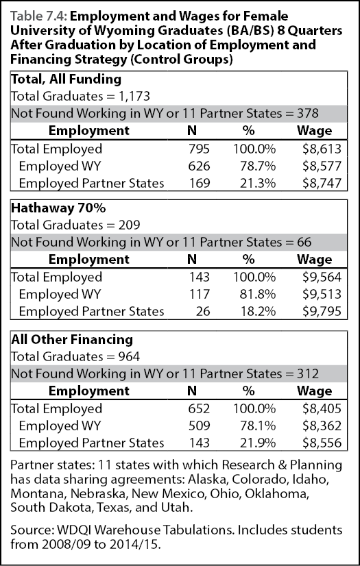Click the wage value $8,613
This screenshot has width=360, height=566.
pyautogui.click(x=322, y=149)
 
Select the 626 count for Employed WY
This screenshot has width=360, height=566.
pyautogui.click(x=199, y=166)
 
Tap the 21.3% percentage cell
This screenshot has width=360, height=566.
pyautogui.click(x=259, y=184)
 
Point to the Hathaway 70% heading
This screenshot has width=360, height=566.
pyautogui.click(x=58, y=208)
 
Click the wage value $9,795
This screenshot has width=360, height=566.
pyautogui.click(x=322, y=311)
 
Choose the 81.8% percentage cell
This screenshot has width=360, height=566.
pyautogui.click(x=259, y=294)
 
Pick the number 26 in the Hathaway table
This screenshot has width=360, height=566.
pyautogui.click(x=202, y=311)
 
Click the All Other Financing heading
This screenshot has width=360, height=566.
pyautogui.click(x=72, y=340)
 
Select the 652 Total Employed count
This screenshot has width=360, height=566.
pyautogui.click(x=199, y=408)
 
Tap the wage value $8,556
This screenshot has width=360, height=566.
pyautogui.click(x=322, y=443)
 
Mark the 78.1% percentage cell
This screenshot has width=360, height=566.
pyautogui.click(x=259, y=426)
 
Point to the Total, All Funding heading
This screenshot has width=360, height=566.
pyautogui.click(x=66, y=79)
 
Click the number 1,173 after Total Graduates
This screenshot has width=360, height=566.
pyautogui.click(x=134, y=97)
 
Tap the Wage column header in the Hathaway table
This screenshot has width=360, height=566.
pyautogui.click(x=314, y=260)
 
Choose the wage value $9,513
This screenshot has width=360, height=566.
pyautogui.click(x=322, y=294)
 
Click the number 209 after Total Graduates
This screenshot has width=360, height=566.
pyautogui.click(x=130, y=225)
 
